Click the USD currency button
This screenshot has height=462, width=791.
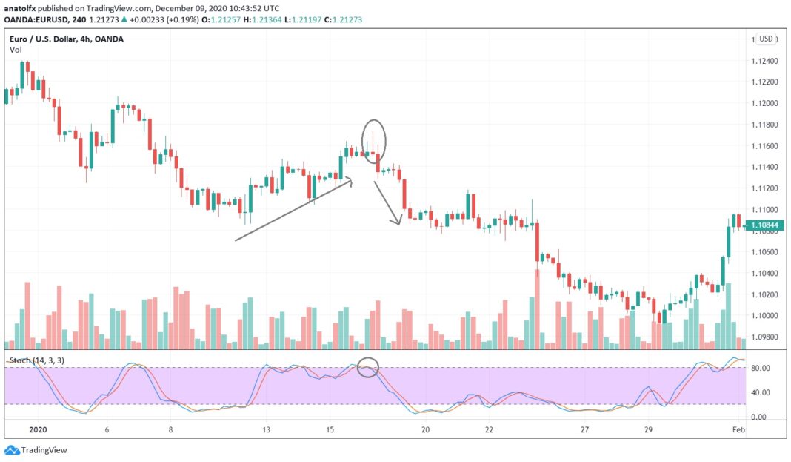point(765,39)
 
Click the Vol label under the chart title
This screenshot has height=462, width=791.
point(15,49)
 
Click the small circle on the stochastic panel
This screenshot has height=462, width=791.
point(368,366)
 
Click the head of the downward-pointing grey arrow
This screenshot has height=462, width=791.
point(399,222)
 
